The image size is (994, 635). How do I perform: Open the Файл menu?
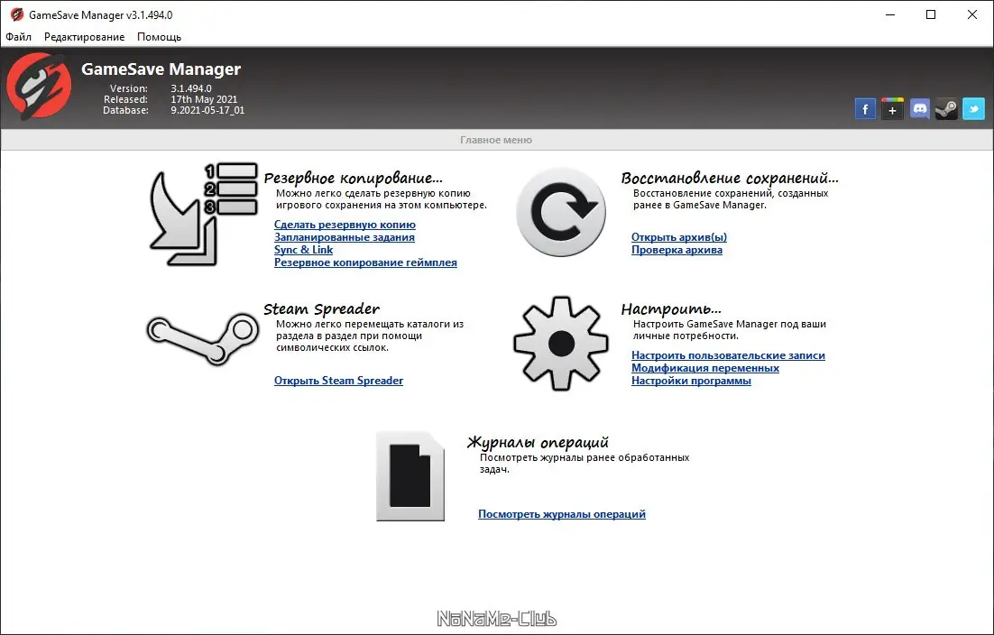pyautogui.click(x=18, y=37)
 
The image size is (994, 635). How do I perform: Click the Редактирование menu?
pyautogui.click(x=84, y=37)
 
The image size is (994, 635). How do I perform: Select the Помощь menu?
pyautogui.click(x=159, y=37)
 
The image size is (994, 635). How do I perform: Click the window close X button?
pyautogui.click(x=971, y=14)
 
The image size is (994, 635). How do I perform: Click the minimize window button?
pyautogui.click(x=888, y=14)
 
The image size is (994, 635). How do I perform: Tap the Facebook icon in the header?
pyautogui.click(x=865, y=109)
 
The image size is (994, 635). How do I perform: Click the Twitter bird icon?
pyautogui.click(x=973, y=109)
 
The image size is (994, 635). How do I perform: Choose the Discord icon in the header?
pyautogui.click(x=919, y=109)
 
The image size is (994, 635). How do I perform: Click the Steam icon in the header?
pyautogui.click(x=946, y=109)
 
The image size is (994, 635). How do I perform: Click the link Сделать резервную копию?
pyautogui.click(x=345, y=225)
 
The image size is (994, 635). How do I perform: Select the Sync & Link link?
pyautogui.click(x=303, y=250)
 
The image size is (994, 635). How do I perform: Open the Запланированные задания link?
pyautogui.click(x=344, y=237)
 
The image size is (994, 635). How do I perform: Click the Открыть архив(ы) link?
pyautogui.click(x=678, y=237)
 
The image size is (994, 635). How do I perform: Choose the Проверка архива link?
pyautogui.click(x=676, y=250)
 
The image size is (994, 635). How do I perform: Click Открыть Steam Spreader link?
pyautogui.click(x=338, y=381)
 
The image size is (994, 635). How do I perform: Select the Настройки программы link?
pyautogui.click(x=691, y=381)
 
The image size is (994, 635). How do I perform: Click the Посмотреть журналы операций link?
pyautogui.click(x=561, y=514)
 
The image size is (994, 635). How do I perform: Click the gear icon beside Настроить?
pyautogui.click(x=561, y=344)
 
